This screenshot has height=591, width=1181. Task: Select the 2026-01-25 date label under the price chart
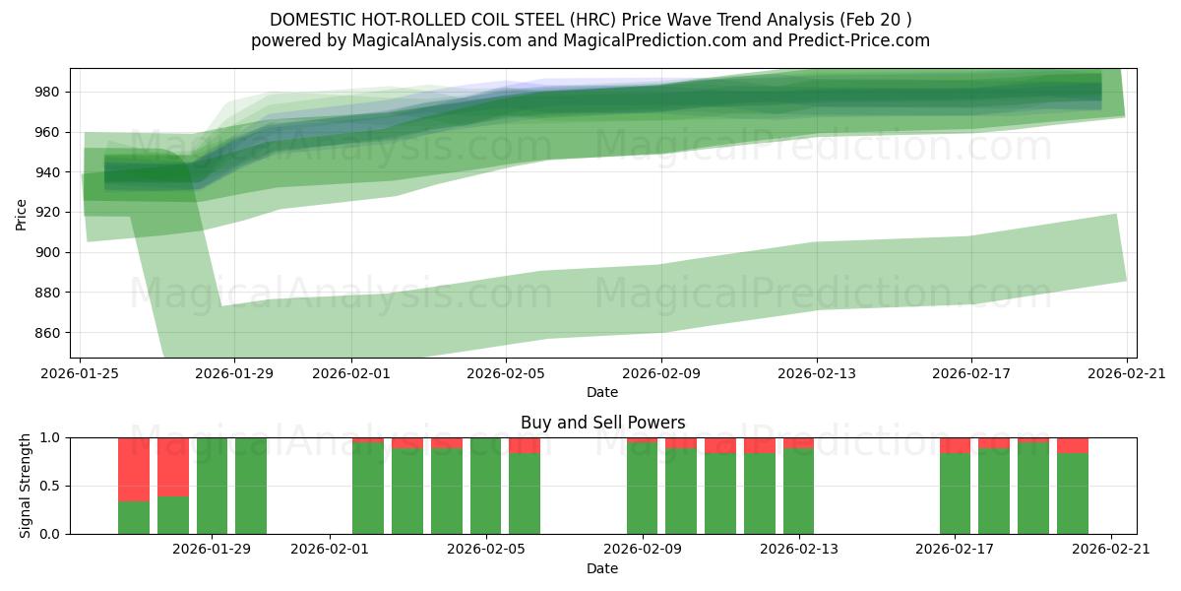(x=80, y=373)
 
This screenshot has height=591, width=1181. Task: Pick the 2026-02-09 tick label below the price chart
(x=660, y=373)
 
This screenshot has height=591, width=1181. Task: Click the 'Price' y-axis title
(x=22, y=213)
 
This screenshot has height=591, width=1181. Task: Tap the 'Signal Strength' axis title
(x=26, y=486)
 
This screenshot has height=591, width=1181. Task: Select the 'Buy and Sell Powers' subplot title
(x=602, y=423)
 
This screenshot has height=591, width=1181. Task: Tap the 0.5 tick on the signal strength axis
(x=50, y=486)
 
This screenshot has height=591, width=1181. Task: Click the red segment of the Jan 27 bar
(x=134, y=469)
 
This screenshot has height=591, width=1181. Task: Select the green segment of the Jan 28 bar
(x=173, y=515)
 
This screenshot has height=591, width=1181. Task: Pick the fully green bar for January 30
(x=251, y=486)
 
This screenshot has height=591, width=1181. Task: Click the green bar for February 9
(x=642, y=489)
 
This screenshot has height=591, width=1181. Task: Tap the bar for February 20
(x=1072, y=492)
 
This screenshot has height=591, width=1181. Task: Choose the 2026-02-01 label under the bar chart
(x=330, y=548)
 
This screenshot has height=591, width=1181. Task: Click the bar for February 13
(x=798, y=491)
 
